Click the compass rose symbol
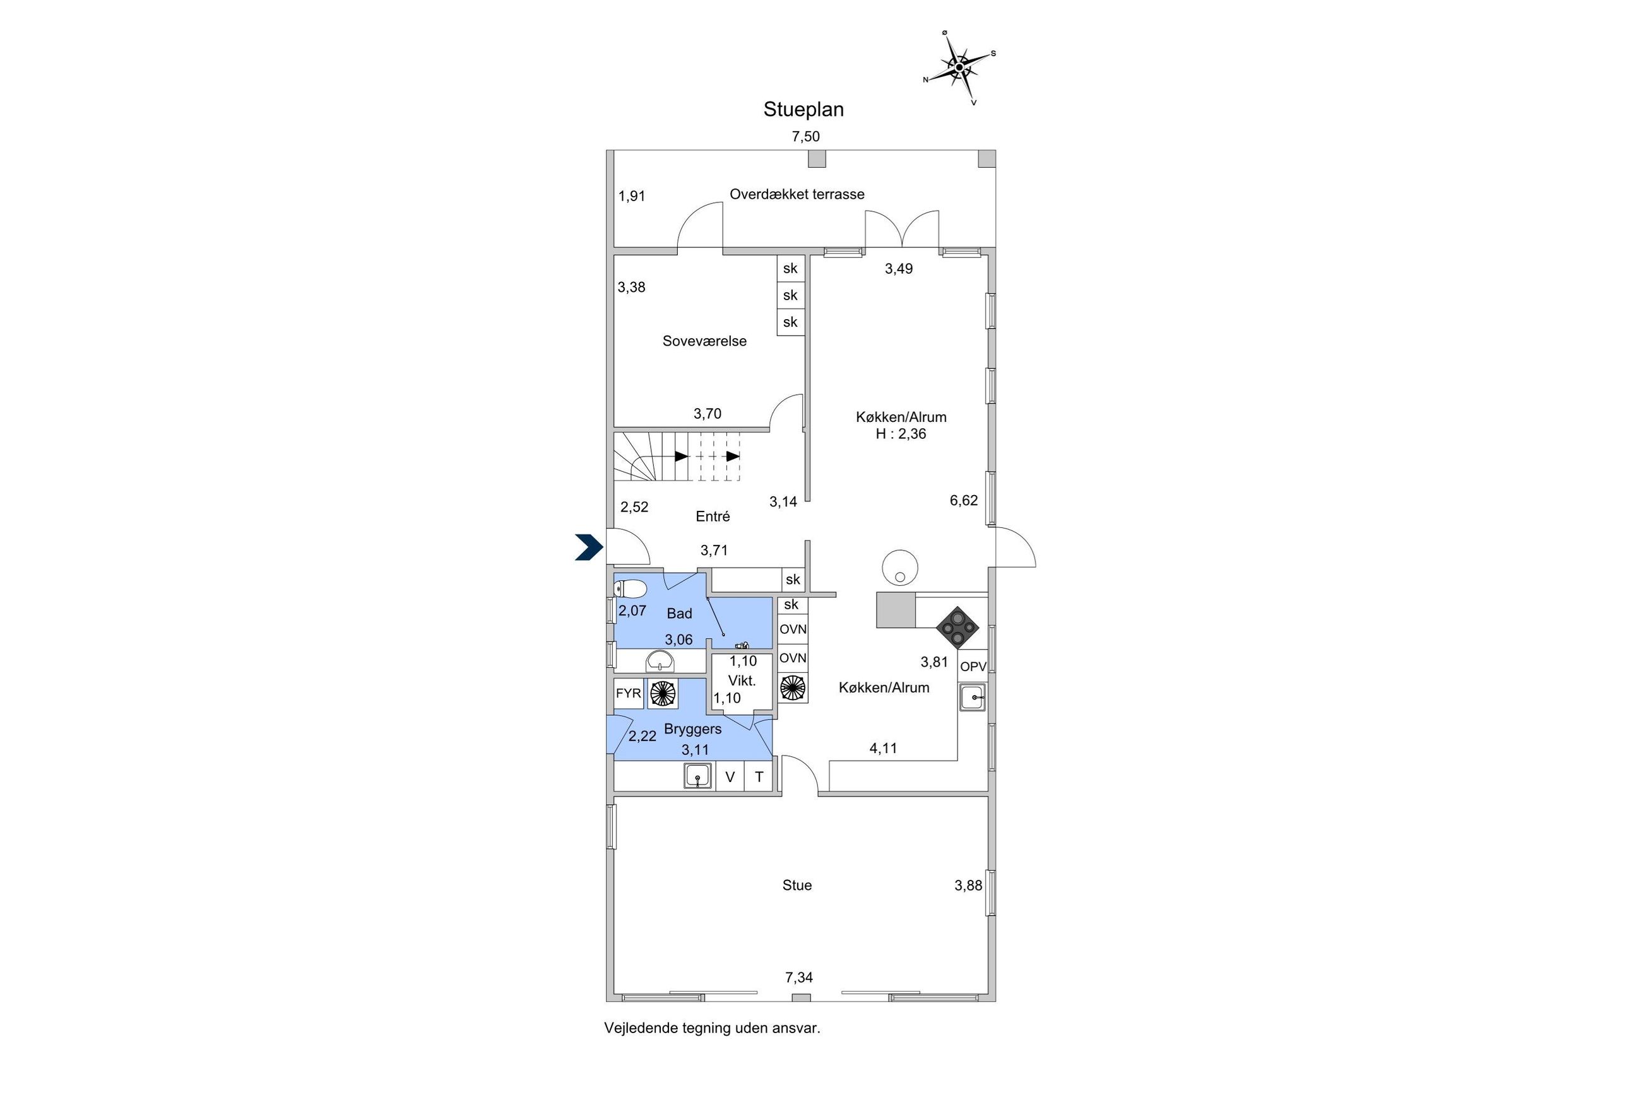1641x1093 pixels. pyautogui.click(x=959, y=67)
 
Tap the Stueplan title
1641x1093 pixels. pyautogui.click(x=803, y=110)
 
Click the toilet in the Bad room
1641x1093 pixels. pyautogui.click(x=630, y=589)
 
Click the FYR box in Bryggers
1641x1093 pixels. pyautogui.click(x=629, y=694)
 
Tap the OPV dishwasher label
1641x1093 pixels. pyautogui.click(x=973, y=667)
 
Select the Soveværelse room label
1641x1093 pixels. pyautogui.click(x=704, y=341)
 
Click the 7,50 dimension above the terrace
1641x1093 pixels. pyautogui.click(x=805, y=137)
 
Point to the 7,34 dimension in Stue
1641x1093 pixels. pyautogui.click(x=799, y=978)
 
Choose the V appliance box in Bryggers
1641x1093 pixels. pyautogui.click(x=730, y=776)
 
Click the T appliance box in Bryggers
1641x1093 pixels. pyautogui.click(x=759, y=776)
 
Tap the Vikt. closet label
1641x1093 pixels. pyautogui.click(x=742, y=681)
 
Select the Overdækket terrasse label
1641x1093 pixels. pyautogui.click(x=797, y=194)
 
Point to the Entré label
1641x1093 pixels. pyautogui.click(x=713, y=517)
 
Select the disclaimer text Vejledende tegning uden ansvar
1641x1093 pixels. pyautogui.click(x=712, y=1028)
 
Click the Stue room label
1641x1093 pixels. pyautogui.click(x=797, y=886)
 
